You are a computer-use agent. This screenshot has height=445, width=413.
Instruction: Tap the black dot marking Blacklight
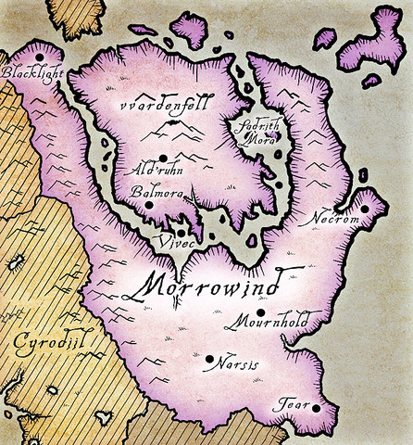click(38, 57)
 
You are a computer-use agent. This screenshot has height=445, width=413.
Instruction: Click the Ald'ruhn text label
click(154, 172)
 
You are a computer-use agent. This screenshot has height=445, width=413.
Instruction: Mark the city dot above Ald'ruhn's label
click(163, 158)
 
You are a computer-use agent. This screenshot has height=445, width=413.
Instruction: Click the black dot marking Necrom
click(364, 209)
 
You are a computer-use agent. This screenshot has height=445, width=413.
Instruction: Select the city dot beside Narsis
click(209, 358)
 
